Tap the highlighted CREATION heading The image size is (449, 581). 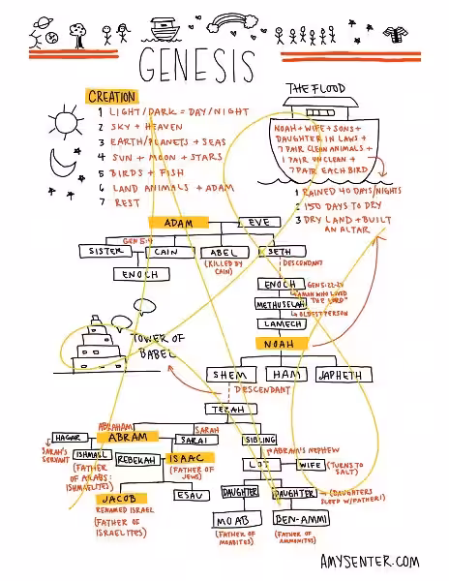tap(112, 97)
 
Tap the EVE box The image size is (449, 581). tap(260, 223)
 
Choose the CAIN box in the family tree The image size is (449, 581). tap(173, 252)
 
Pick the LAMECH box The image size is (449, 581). tap(279, 323)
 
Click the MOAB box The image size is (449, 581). tap(235, 521)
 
